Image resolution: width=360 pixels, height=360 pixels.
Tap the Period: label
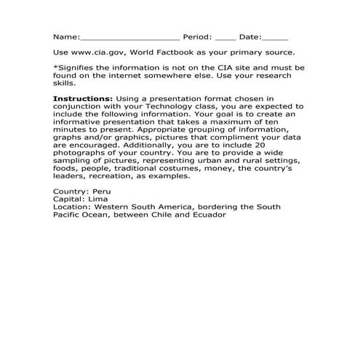[x=197, y=36]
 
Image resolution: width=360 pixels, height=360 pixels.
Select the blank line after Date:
[x=274, y=37]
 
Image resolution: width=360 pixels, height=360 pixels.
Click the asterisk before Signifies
[x=55, y=68]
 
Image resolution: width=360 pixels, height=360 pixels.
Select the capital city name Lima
[x=96, y=199]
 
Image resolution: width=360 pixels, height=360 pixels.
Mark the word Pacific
[x=69, y=215]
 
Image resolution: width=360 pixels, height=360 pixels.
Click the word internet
[x=129, y=76]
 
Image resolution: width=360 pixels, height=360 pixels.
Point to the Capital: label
[x=69, y=199]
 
